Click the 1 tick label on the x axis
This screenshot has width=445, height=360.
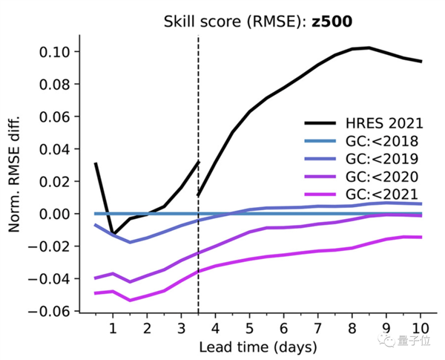(113, 327)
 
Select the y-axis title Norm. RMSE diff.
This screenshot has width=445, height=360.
(16, 174)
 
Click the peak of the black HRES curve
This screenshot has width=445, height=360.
(369, 48)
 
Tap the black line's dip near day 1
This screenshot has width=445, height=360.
(113, 233)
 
